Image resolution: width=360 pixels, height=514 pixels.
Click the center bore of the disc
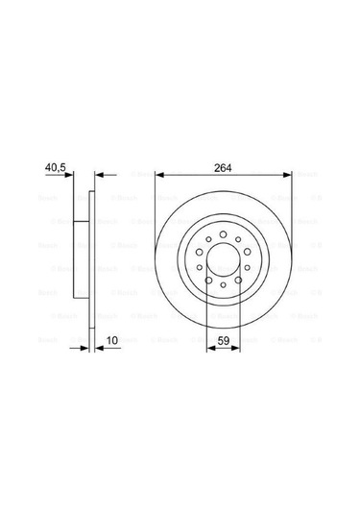click(224, 263)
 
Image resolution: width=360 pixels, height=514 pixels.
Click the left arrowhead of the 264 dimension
click(159, 176)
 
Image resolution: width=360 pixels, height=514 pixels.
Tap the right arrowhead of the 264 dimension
click(288, 176)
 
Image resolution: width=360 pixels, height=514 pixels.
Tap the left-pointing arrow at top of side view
click(103, 176)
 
